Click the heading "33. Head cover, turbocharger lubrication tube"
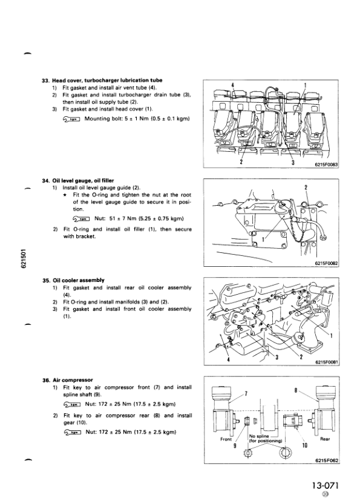[102, 80]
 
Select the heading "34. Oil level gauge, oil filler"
[78, 180]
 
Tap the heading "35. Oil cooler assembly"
[74, 280]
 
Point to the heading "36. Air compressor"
[68, 380]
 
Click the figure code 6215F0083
[326, 165]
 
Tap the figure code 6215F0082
[327, 263]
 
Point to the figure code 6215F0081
[327, 362]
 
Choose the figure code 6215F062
[327, 460]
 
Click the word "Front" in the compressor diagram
[226, 439]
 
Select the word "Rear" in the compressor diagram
[325, 439]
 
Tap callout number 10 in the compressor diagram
[305, 445]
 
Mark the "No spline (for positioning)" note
[266, 439]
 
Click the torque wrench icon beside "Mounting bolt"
[71, 119]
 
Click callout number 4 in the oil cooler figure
[229, 359]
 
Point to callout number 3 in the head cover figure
[293, 162]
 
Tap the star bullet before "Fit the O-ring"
[65, 195]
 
